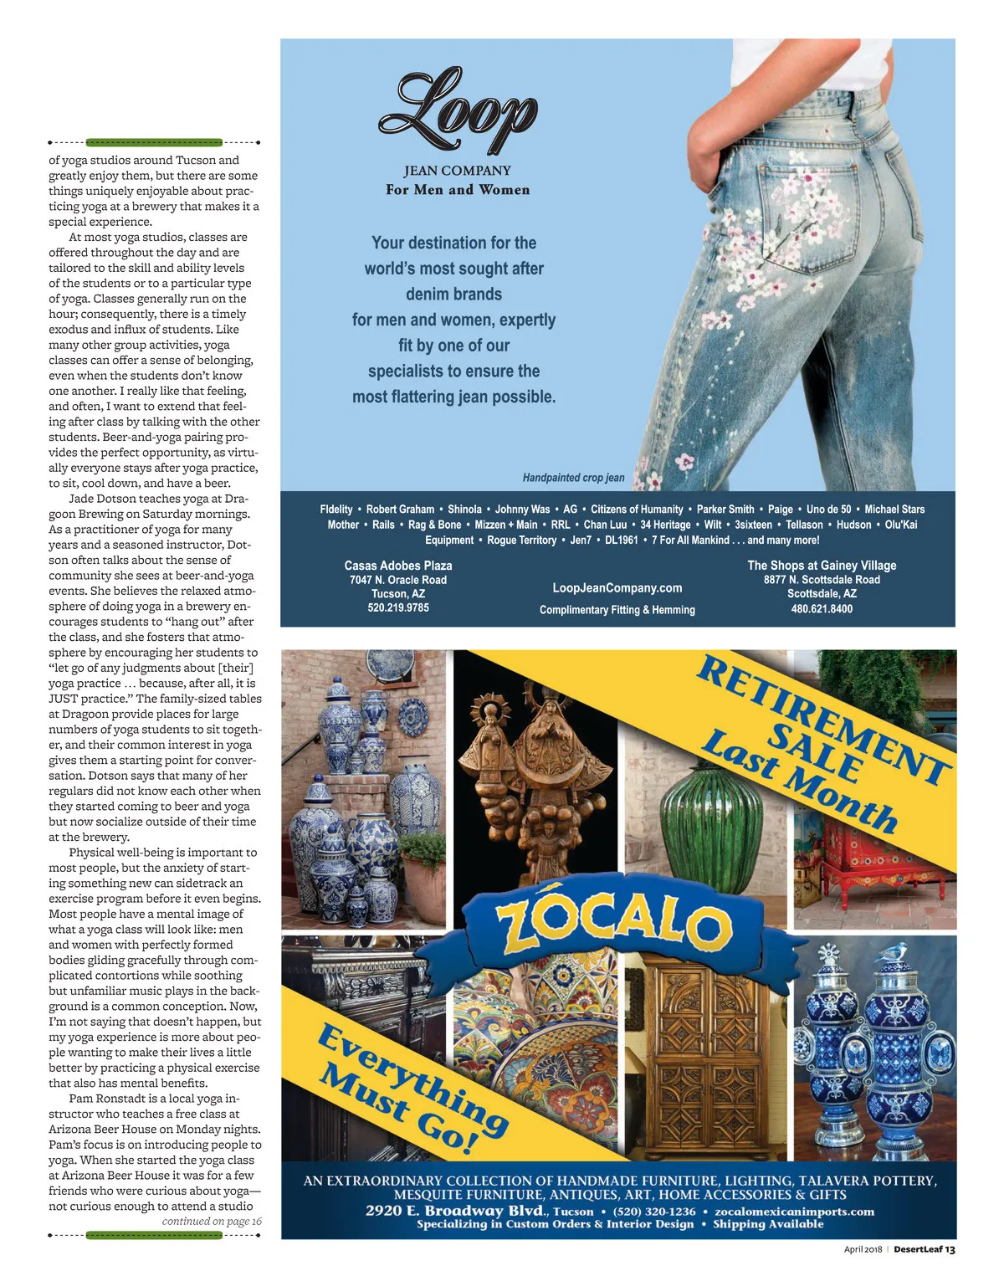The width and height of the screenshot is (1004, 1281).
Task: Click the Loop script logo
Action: [458, 113]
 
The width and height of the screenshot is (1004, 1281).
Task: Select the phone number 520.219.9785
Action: [398, 607]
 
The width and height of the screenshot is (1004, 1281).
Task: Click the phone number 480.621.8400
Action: [822, 608]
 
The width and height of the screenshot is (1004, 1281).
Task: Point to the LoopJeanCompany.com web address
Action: [617, 587]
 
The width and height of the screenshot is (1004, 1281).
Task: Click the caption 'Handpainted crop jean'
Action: [573, 478]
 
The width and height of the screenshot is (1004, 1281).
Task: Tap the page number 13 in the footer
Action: [950, 1249]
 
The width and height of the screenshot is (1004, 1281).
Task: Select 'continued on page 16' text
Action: [212, 1221]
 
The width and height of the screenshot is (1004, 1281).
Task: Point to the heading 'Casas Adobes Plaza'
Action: [398, 566]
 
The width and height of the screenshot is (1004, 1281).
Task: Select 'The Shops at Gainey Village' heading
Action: [822, 566]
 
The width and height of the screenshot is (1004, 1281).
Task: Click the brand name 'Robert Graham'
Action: [400, 509]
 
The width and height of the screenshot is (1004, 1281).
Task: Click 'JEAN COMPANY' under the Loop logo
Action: [457, 171]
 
